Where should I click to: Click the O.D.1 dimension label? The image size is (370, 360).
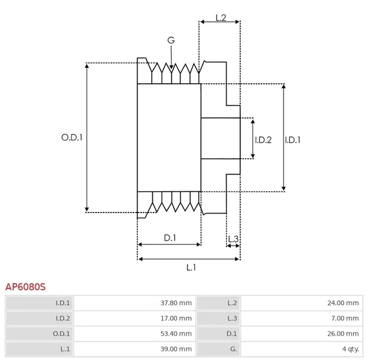(x=71, y=138)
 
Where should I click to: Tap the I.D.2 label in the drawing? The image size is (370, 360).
(x=263, y=140)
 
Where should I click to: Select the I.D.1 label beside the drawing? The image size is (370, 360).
(x=293, y=140)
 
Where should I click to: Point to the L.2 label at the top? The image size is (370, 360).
(x=220, y=18)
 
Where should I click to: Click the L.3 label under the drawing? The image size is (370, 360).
(x=233, y=238)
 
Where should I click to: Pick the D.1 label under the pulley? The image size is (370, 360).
(x=170, y=237)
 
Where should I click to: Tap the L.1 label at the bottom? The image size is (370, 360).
(x=191, y=267)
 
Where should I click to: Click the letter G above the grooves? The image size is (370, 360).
(x=171, y=40)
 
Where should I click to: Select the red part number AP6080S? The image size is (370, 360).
(x=25, y=287)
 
